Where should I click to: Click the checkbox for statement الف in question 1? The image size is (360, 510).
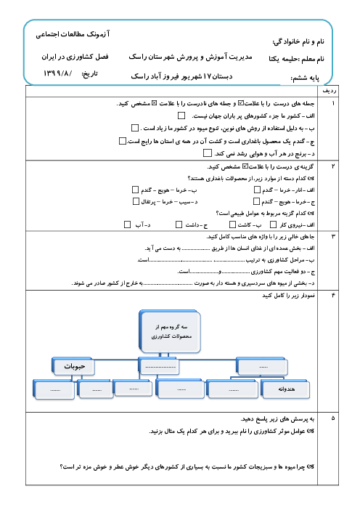181,116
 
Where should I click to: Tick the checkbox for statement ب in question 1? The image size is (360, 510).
135,128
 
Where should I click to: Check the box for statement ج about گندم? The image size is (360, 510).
123,141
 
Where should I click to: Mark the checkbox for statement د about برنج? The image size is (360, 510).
208,153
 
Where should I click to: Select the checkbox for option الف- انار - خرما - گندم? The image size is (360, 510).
258,190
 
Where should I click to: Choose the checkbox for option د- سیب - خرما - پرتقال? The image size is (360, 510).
136,202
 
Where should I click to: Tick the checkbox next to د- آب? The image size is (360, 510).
127,224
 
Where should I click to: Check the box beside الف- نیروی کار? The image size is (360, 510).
273,224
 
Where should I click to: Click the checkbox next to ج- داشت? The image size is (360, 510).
179,224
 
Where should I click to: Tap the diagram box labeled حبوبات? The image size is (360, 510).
73,366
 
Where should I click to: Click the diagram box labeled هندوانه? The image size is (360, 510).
285,389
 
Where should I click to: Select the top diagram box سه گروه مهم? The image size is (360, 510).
170,331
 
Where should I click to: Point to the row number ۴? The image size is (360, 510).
333,296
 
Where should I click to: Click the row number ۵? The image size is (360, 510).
333,418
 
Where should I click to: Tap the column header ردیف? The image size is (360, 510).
329,91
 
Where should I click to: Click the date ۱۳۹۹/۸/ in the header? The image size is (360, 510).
57,73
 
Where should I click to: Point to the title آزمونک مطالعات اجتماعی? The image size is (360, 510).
73,34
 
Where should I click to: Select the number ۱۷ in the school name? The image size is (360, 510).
208,76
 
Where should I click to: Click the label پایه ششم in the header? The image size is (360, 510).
306,78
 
